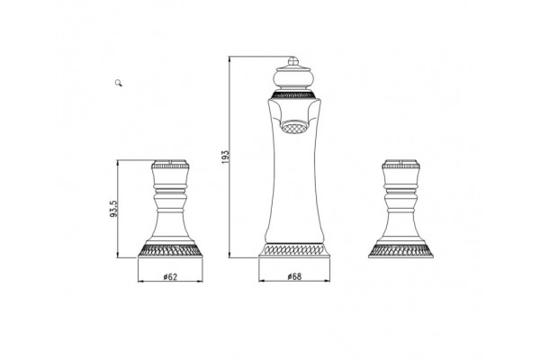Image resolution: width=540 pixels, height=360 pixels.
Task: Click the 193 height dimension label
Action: tap(225, 157)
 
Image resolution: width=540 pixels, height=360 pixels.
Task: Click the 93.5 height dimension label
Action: tap(114, 209)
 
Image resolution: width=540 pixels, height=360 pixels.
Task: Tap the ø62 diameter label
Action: tap(170, 276)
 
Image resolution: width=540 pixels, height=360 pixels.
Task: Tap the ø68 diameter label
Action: tap(294, 276)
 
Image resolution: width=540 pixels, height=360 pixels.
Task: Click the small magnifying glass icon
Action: tap(119, 83)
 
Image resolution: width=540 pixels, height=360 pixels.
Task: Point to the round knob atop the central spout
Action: tap(292, 61)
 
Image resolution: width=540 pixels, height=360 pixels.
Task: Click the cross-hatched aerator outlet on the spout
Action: tap(294, 127)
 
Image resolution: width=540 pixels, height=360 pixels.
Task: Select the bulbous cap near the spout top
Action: tap(293, 78)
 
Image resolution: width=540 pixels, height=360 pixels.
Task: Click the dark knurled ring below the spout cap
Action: tap(293, 94)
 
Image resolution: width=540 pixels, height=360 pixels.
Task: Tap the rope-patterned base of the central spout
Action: tap(294, 250)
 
